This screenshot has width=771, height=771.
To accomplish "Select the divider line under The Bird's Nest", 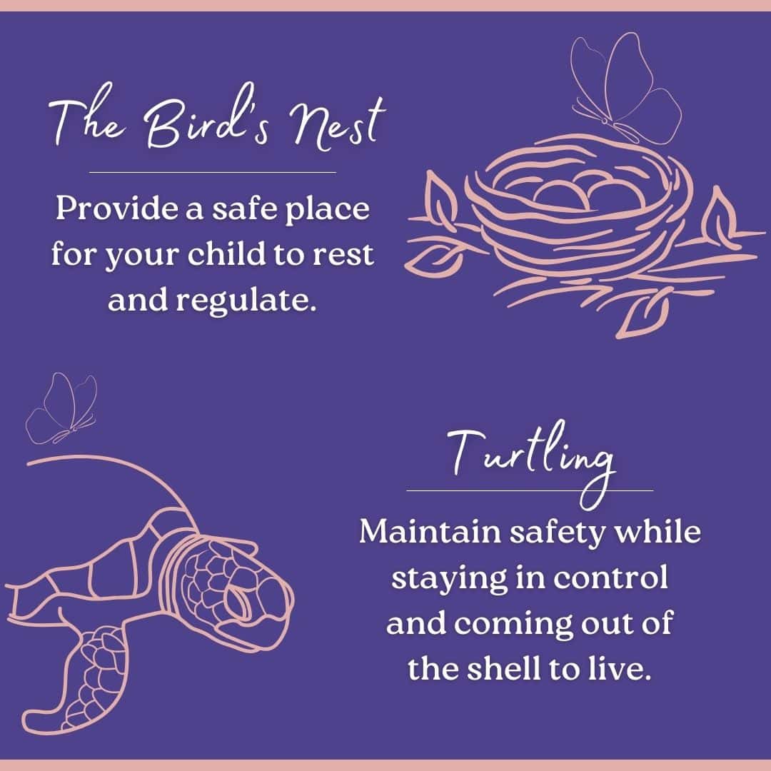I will (212, 172).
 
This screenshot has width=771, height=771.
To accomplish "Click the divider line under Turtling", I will (530, 490).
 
